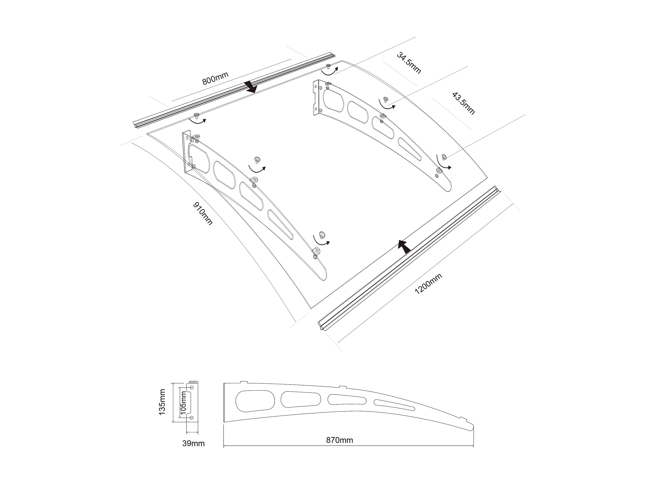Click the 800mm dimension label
215,78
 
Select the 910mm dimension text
203,214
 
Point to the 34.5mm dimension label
409,63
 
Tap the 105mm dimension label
183,402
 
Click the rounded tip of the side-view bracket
470,427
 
